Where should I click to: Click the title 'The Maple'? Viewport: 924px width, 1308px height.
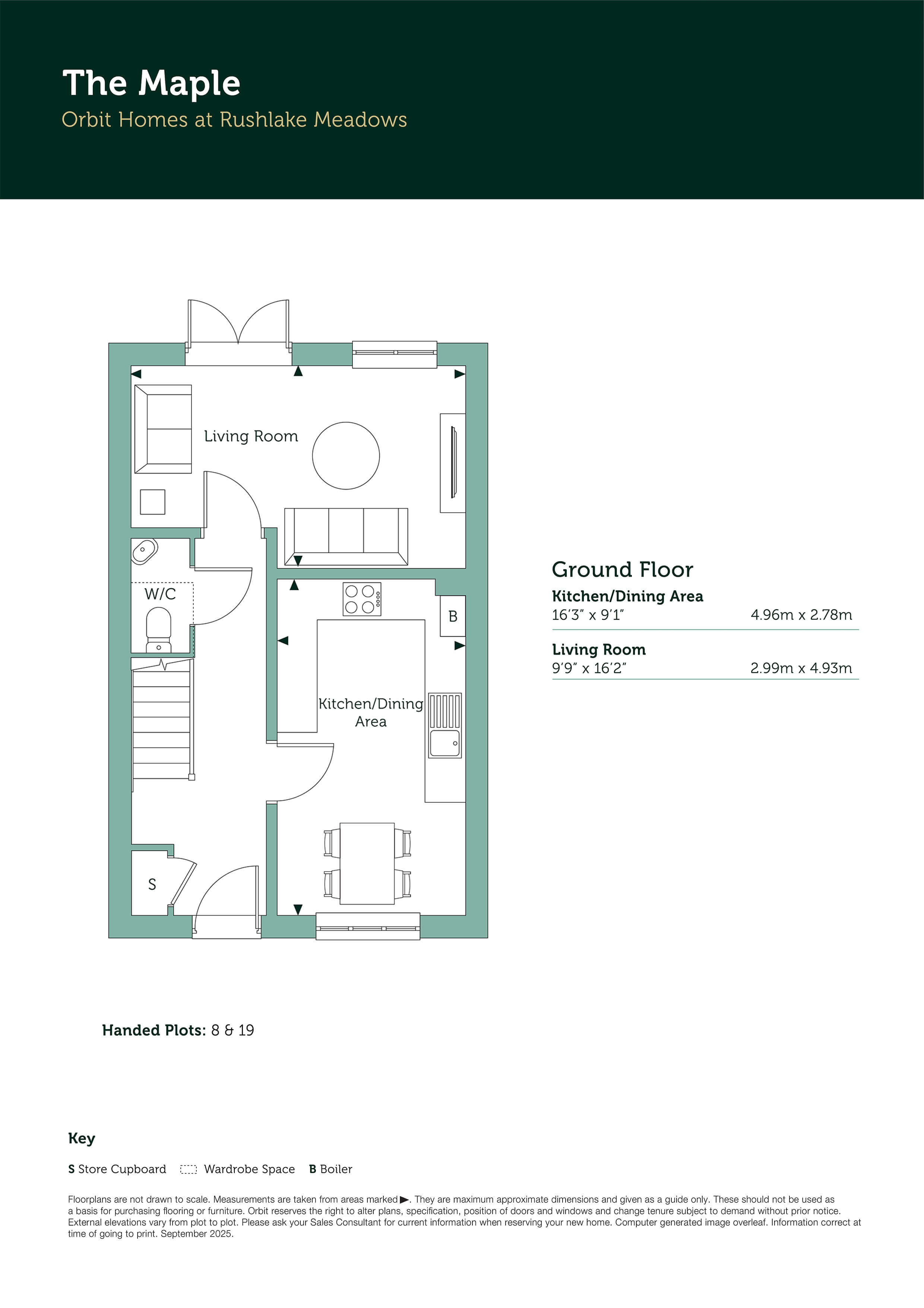[151, 84]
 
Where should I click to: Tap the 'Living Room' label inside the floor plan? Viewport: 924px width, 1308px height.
[251, 436]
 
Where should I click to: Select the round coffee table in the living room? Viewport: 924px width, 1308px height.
[346, 455]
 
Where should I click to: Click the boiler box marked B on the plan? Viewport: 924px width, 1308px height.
[453, 616]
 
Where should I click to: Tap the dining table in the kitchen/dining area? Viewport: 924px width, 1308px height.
[367, 863]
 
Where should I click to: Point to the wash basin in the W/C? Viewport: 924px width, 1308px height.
[145, 551]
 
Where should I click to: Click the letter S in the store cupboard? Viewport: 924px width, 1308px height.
[152, 884]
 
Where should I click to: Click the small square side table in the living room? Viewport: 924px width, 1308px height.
[153, 502]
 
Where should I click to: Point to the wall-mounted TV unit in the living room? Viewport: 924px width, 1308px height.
[453, 463]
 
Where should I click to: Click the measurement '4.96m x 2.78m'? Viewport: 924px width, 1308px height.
[801, 615]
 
